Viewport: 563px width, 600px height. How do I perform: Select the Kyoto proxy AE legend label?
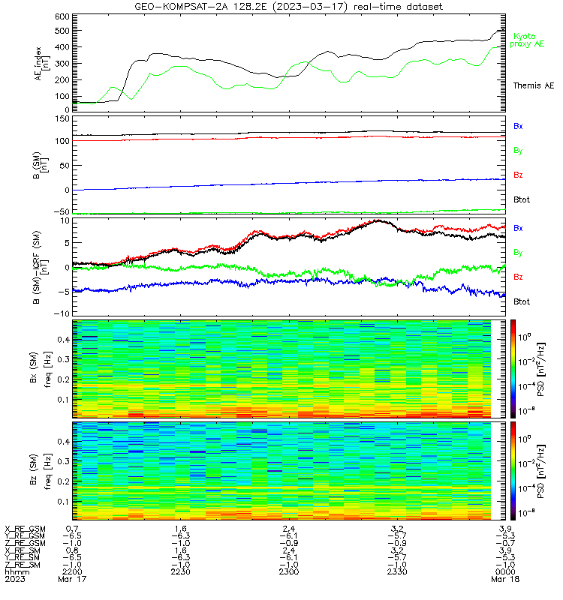coord(527,40)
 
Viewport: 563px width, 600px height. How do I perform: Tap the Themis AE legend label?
coord(534,85)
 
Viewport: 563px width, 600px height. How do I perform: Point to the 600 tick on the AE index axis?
coord(62,16)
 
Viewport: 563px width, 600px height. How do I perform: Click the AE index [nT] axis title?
coord(42,64)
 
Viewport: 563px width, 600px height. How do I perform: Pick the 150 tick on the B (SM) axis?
coord(62,119)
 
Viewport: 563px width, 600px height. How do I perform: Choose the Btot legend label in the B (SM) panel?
coord(522,199)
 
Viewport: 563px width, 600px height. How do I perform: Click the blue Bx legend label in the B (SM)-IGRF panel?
coord(518,228)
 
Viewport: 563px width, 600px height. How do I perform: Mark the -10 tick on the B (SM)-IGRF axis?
coord(62,313)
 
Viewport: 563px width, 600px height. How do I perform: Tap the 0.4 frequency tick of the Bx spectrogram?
coord(64,340)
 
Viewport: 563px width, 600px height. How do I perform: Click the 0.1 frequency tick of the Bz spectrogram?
coord(64,502)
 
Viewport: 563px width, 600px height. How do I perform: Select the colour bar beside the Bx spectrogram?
coord(513,368)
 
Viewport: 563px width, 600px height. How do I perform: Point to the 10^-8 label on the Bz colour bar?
coord(525,513)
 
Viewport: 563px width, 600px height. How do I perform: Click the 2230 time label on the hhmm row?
coord(180,571)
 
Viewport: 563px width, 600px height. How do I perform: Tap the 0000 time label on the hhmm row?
coord(505,571)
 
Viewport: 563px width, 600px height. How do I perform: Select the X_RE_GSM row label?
coord(25,529)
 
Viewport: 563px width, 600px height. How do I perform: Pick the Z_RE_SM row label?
coord(23,565)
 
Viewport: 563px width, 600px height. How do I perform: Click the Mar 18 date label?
coord(505,579)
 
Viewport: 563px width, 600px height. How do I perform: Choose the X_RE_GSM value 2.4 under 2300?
coord(289,529)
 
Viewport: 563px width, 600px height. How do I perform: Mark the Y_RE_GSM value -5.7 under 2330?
coord(397,536)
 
